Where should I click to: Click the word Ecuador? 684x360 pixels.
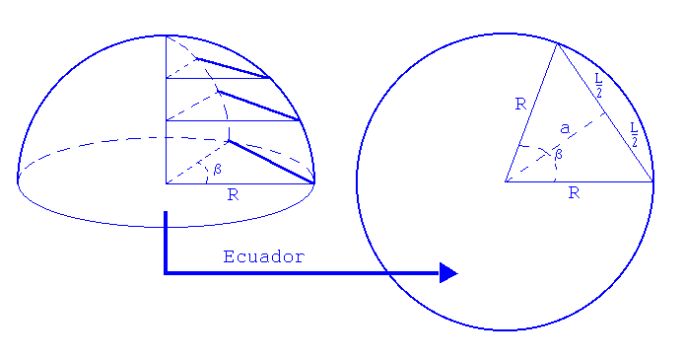click(x=264, y=256)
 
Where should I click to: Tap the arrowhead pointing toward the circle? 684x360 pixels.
click(x=448, y=272)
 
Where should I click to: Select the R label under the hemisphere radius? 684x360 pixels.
click(x=233, y=194)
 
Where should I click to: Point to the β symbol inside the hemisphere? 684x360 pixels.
click(x=217, y=169)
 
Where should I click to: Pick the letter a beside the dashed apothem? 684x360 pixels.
click(x=564, y=127)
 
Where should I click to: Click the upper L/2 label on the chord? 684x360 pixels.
click(x=597, y=86)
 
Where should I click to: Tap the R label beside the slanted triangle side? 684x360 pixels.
click(x=520, y=104)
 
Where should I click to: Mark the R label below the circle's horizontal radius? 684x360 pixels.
click(x=573, y=194)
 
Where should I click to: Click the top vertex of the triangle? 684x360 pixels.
click(x=557, y=43)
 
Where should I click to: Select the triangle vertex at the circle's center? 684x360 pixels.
click(x=506, y=181)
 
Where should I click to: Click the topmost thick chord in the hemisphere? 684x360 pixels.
click(x=235, y=68)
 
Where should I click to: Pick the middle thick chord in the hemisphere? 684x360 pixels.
click(x=258, y=107)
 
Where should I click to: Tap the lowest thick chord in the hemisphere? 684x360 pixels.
click(x=271, y=162)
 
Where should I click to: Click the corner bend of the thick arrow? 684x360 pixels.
click(x=166, y=272)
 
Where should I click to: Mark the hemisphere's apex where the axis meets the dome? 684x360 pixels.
click(x=166, y=36)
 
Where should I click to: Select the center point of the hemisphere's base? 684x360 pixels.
click(x=166, y=182)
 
